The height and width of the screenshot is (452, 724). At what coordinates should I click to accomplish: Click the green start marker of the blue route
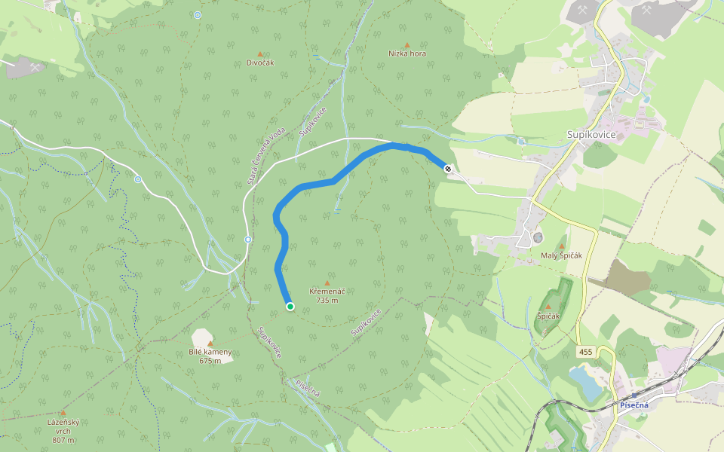[x=290, y=306]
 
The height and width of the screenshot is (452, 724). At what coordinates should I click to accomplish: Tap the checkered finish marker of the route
[x=447, y=169]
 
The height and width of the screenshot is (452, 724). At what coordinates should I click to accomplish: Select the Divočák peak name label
[x=260, y=63]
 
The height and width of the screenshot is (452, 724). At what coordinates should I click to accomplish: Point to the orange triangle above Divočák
[x=260, y=54]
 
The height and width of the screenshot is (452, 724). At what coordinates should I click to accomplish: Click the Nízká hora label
[x=407, y=53]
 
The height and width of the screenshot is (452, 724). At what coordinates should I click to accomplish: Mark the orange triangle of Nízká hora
[x=407, y=45]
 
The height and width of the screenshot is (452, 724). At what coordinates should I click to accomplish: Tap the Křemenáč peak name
[x=327, y=291]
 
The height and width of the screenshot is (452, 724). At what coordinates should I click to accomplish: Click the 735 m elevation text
[x=327, y=300]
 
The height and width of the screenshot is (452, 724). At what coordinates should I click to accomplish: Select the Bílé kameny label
[x=210, y=352]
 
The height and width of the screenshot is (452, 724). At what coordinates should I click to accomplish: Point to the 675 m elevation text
[x=210, y=360]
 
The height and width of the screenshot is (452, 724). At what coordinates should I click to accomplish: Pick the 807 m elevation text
[x=63, y=440]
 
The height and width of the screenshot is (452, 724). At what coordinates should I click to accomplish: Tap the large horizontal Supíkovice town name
[x=591, y=134]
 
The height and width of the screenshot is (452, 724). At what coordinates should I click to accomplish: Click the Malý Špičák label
[x=563, y=255]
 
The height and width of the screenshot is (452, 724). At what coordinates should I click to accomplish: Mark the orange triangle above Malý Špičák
[x=563, y=246]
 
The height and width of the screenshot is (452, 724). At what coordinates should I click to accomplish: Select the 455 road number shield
[x=586, y=352]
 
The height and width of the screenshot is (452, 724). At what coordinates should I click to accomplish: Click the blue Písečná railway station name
[x=633, y=405]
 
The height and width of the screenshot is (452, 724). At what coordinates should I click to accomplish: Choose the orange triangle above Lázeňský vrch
[x=63, y=413]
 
